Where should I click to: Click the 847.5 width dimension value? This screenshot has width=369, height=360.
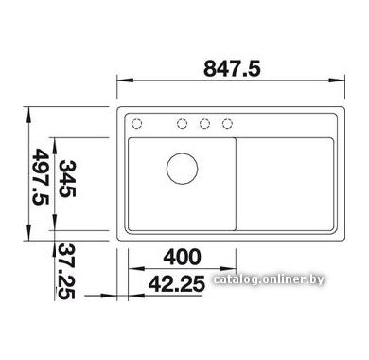coord(232,69)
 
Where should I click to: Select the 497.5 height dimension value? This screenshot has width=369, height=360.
coord(41,176)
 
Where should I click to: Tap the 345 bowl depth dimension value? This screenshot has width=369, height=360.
coord(67,179)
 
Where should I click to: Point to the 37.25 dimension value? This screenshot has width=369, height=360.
coord(66,271)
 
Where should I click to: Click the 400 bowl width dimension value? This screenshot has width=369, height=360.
coord(182,257)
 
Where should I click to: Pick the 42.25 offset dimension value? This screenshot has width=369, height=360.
coord(177,283)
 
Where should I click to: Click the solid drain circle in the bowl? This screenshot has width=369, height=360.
coord(183,169)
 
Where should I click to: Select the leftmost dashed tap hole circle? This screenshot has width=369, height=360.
coord(136,123)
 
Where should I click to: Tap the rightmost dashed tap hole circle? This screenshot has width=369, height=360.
coord(227,123)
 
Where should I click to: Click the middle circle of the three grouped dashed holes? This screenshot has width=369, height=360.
coord(204,123)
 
